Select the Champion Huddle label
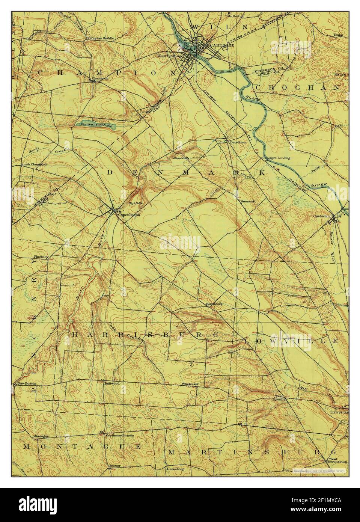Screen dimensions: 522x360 point(100,38)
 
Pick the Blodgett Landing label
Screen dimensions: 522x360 point(277,158)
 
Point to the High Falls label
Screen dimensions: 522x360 point(134,203)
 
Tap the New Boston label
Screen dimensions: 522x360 point(27,384)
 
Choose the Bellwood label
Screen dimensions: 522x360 point(111,384)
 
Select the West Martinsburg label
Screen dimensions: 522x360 point(337,459)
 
